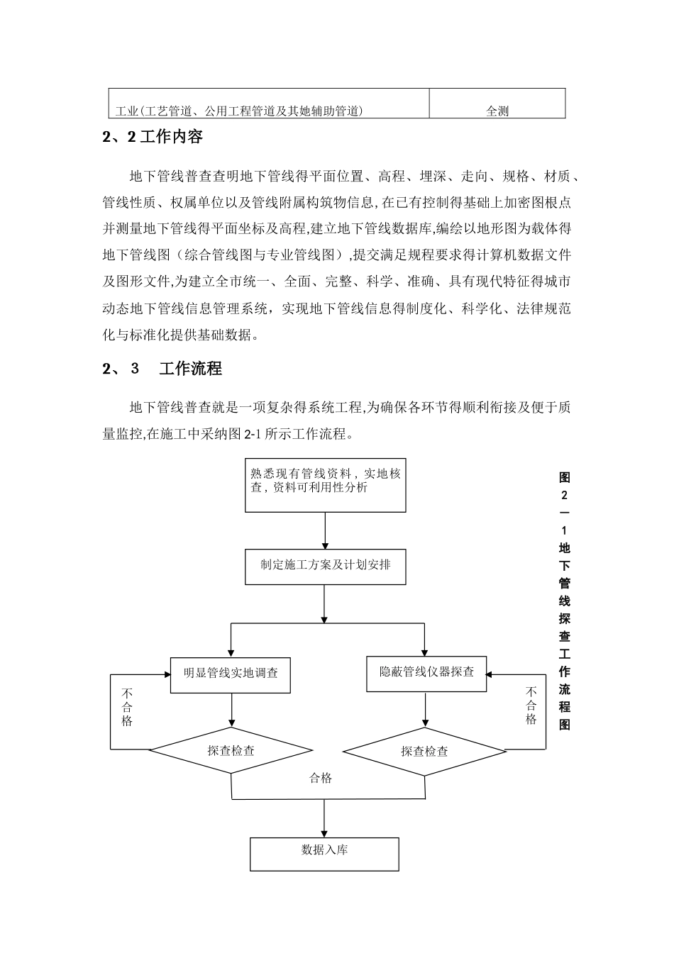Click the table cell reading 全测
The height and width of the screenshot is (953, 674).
(497, 111)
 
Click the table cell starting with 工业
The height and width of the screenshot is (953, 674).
(239, 111)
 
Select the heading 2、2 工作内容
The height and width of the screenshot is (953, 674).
(153, 137)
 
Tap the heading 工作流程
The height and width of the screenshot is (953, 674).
(190, 369)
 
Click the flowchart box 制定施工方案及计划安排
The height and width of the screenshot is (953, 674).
(326, 566)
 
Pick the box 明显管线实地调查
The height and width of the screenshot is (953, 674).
(231, 673)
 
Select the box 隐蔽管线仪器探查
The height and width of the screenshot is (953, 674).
(426, 671)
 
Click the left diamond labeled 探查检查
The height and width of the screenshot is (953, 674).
(231, 750)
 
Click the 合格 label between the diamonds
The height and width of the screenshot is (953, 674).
(321, 779)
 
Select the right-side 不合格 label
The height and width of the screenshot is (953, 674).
(531, 705)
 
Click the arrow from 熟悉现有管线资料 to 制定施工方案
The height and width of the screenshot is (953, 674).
(325, 530)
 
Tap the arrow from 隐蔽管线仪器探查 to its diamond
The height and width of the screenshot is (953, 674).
(426, 709)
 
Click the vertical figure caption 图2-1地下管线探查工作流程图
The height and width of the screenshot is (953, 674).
(564, 600)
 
